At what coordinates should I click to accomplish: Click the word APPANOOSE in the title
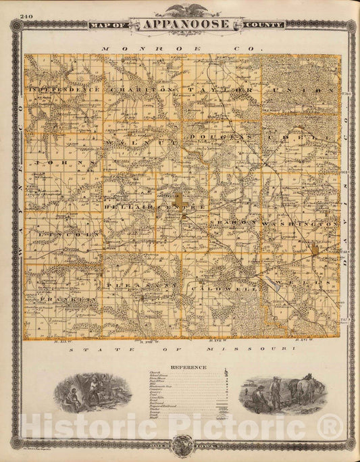point(180,24)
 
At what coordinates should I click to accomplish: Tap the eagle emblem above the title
point(180,9)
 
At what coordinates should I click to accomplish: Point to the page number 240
point(26,16)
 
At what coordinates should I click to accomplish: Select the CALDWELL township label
point(215,289)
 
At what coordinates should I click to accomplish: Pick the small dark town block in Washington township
point(315,251)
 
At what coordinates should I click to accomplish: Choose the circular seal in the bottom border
point(180,443)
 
